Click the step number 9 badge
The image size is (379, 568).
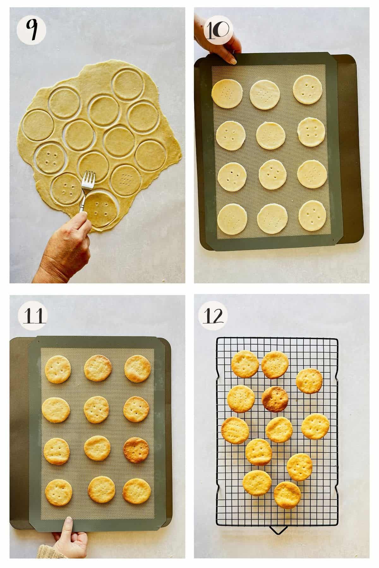tap(31, 31)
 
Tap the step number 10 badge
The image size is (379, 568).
tap(218, 31)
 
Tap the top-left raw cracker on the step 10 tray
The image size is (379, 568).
tap(226, 93)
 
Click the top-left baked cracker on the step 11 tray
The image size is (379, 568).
tap(58, 369)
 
